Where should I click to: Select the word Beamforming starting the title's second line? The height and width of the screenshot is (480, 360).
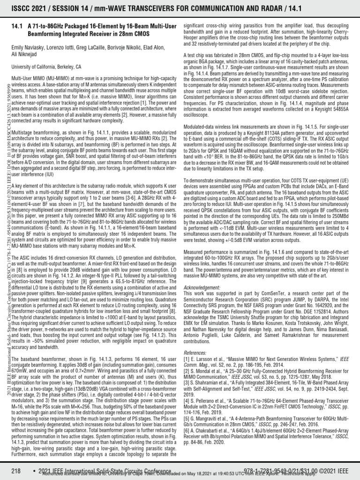click(46, 34)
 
